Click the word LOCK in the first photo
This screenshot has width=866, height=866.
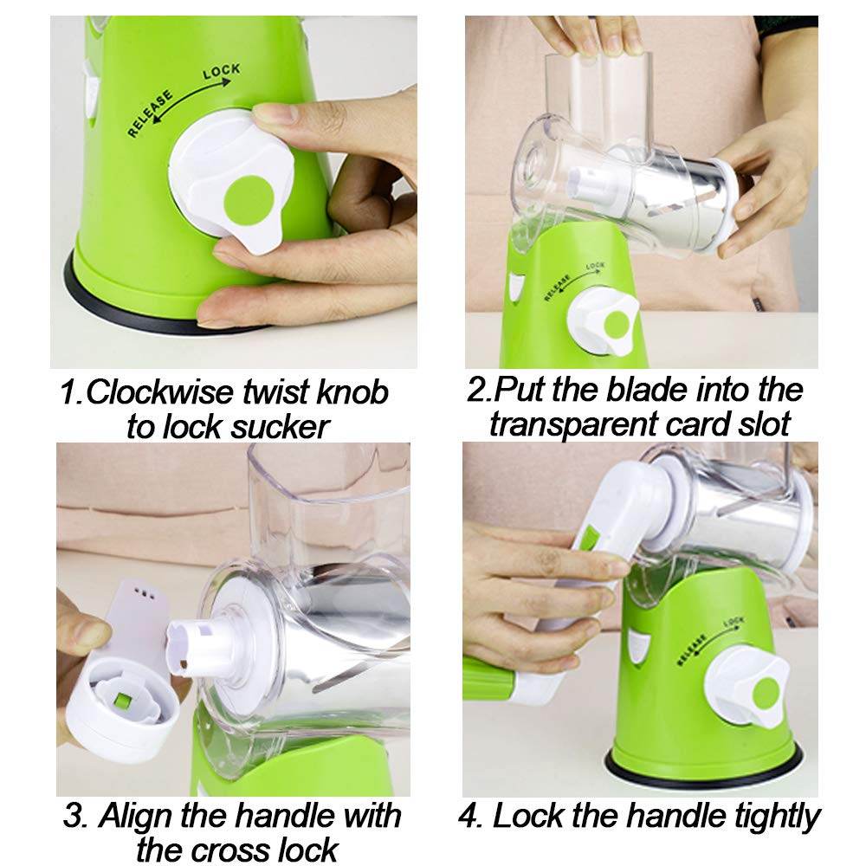(x=221, y=71)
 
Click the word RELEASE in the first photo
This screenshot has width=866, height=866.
(x=150, y=113)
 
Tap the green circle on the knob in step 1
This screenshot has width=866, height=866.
(x=249, y=200)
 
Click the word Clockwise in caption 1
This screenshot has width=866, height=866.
(x=160, y=392)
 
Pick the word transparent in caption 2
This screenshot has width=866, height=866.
(x=573, y=424)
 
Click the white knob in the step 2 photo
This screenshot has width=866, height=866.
(x=602, y=322)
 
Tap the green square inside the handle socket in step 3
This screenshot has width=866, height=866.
(x=121, y=701)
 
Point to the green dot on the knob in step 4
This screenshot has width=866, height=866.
(x=767, y=693)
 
